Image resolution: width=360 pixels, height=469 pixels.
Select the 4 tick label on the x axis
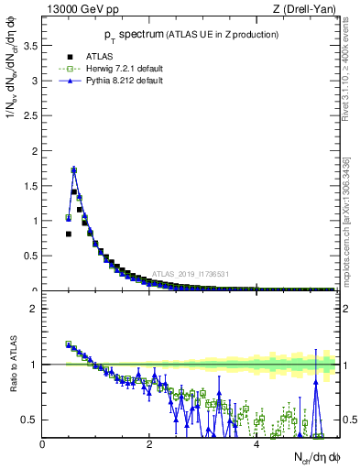(x=256, y=445)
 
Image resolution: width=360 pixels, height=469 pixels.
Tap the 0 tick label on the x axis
(x=42, y=445)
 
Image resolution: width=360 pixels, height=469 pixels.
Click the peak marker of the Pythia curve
(x=74, y=169)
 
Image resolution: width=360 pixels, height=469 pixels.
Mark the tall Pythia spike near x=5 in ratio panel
(x=316, y=385)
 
